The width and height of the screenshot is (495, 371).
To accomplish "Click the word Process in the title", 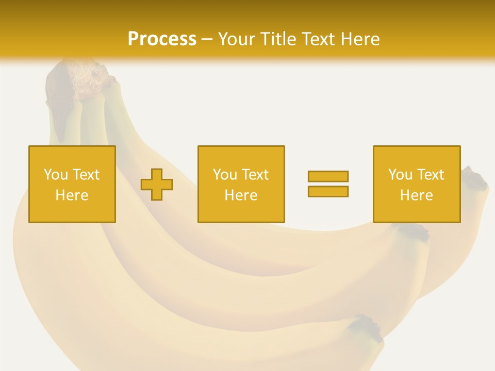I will click(x=162, y=39).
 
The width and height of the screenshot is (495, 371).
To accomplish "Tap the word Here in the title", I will click(x=359, y=39).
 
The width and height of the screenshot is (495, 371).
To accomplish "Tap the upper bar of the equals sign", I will click(x=328, y=177).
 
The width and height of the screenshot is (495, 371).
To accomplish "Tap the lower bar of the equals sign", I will click(x=328, y=192).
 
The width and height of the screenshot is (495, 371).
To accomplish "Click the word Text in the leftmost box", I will click(x=86, y=175).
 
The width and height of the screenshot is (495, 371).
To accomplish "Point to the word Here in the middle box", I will click(x=241, y=195).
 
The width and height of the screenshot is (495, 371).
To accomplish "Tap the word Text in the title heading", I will click(x=318, y=39).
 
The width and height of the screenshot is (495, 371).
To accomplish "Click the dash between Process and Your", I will click(x=207, y=40).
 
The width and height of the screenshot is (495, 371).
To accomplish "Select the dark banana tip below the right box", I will click(x=412, y=231).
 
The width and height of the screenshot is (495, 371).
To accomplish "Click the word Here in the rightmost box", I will click(x=416, y=195).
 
